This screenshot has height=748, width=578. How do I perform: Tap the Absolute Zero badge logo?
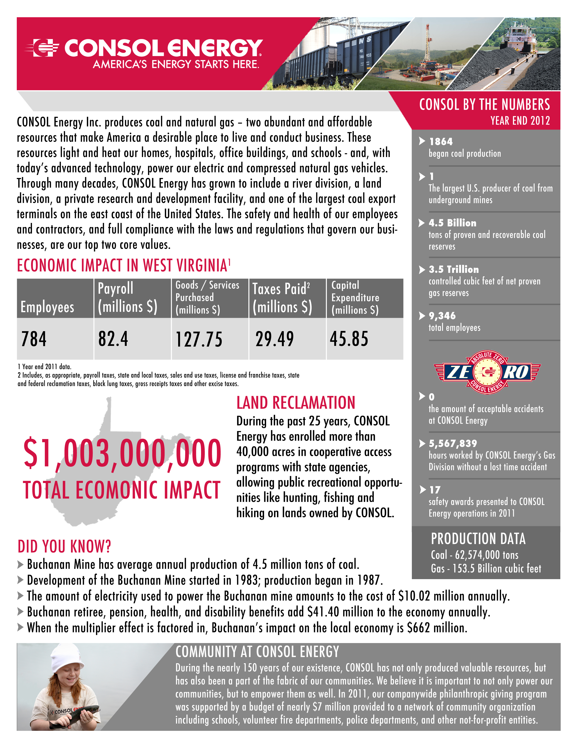point(487,372)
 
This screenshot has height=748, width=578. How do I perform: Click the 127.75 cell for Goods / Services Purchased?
point(199,339)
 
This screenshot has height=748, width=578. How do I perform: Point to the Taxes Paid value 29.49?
point(275,339)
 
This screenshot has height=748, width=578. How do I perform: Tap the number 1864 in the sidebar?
point(441,141)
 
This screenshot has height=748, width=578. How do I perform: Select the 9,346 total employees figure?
point(442,316)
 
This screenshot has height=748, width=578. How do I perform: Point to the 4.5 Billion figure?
point(452,223)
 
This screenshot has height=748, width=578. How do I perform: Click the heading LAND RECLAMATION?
point(296,403)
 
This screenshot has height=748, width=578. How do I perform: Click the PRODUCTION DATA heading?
point(478,539)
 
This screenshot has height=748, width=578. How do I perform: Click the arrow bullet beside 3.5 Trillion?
point(422,270)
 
